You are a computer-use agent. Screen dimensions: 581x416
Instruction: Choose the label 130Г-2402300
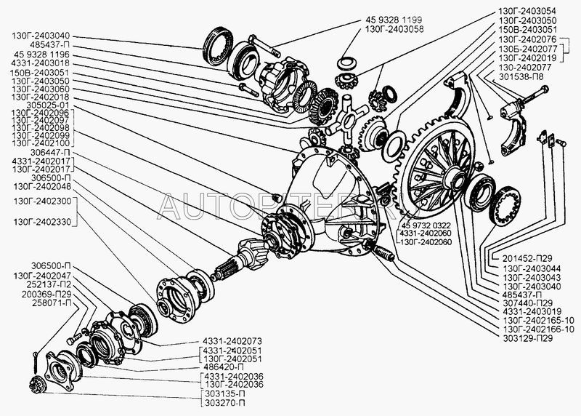point(42,201)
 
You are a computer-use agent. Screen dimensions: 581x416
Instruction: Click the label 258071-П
point(51,303)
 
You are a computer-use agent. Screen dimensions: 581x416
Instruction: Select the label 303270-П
point(223,403)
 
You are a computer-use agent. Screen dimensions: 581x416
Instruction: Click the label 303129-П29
point(528,338)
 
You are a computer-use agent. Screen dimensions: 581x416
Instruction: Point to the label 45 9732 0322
point(426,225)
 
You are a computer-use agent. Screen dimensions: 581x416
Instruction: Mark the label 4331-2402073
point(232,341)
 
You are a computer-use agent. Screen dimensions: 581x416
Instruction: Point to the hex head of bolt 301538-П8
point(545,89)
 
